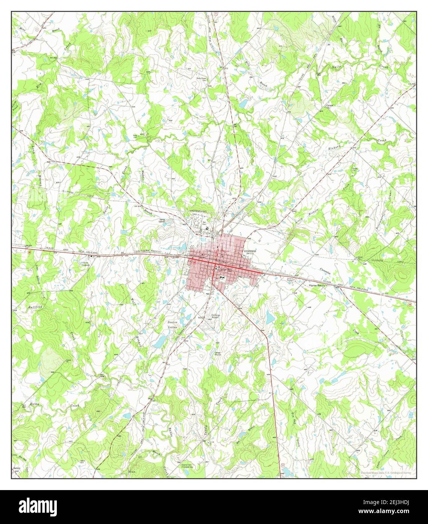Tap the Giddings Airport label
215,316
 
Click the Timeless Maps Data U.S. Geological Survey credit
385,472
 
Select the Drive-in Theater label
289,280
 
